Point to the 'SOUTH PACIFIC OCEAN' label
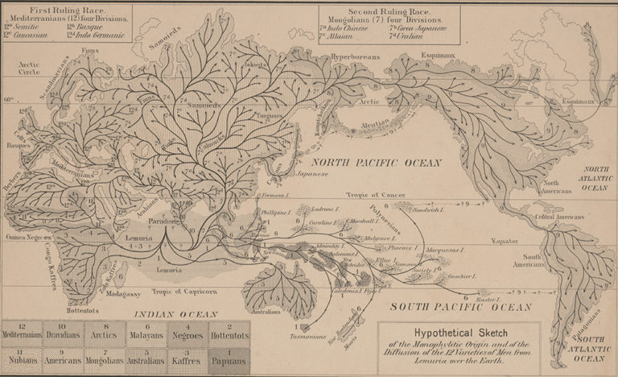(460, 307)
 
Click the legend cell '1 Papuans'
(229, 358)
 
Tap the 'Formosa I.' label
(274, 196)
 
